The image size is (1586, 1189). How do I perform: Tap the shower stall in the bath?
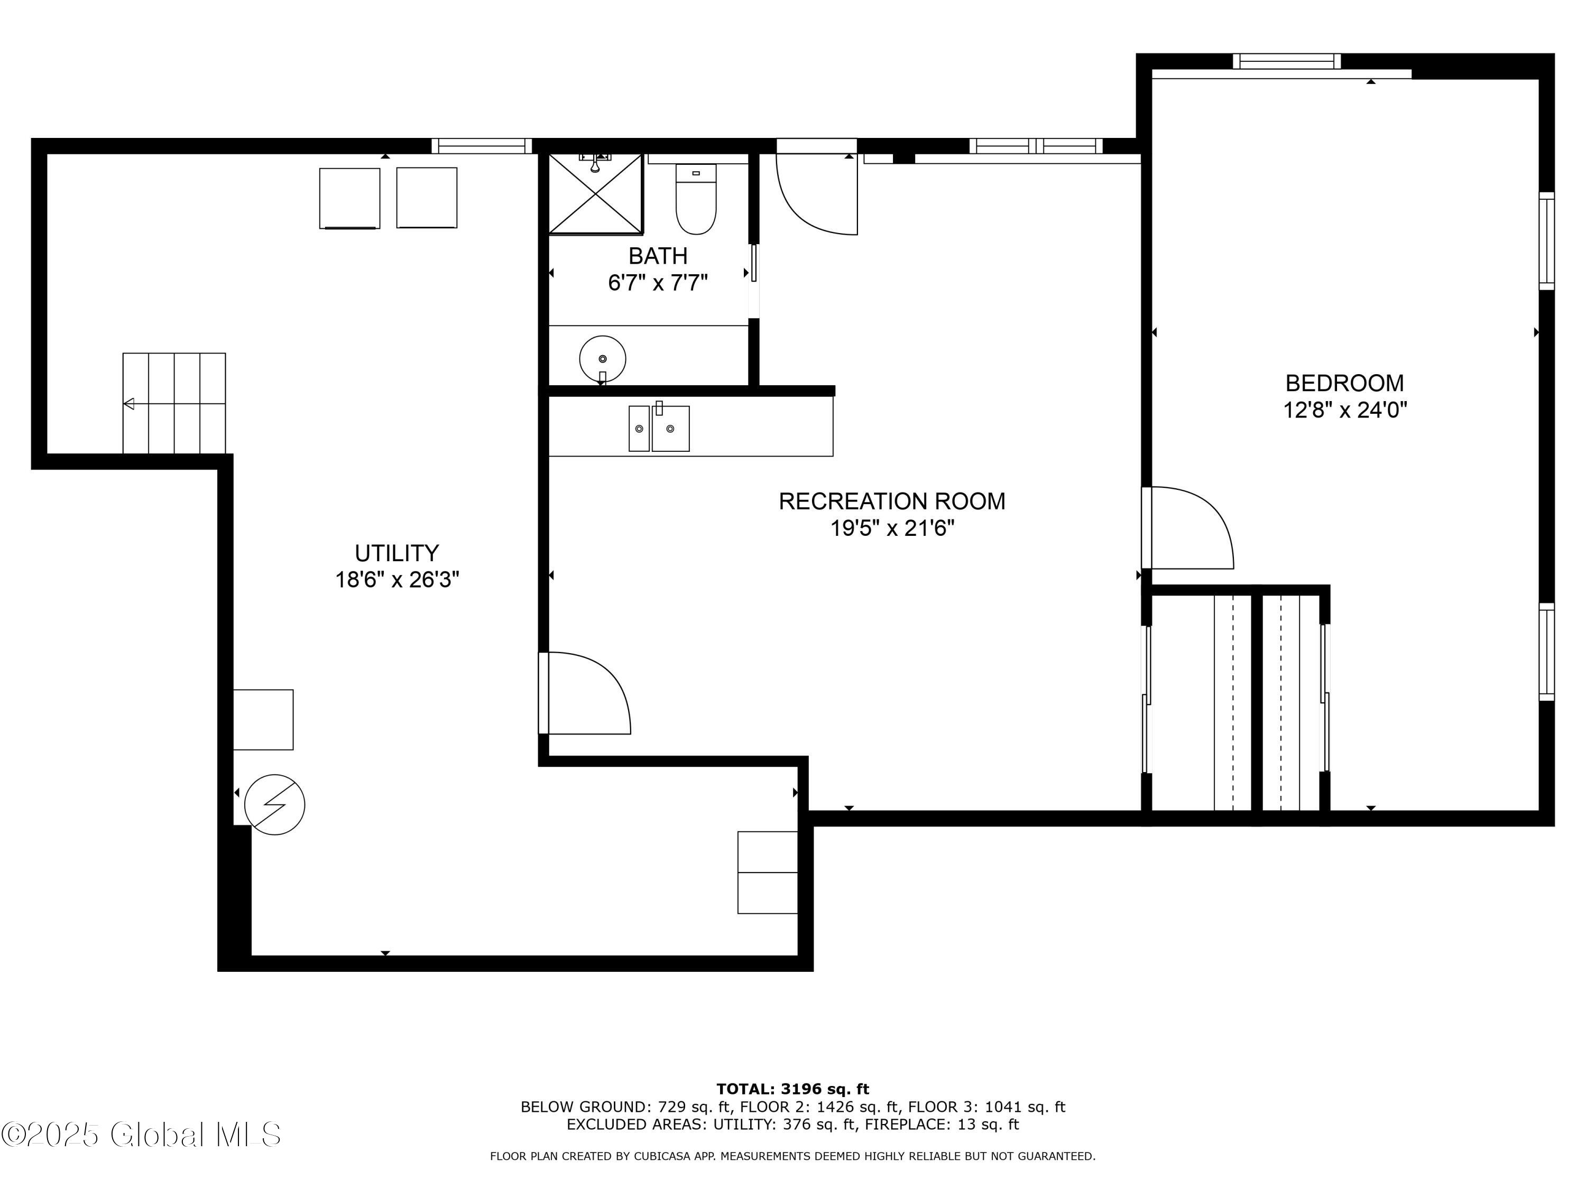click(x=595, y=193)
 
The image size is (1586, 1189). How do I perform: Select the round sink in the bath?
click(x=602, y=358)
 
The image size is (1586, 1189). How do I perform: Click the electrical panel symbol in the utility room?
click(x=274, y=804)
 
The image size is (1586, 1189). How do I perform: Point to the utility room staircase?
click(x=174, y=404)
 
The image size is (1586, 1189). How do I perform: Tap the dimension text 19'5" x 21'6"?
click(x=892, y=528)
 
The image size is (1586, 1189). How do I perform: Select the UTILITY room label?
click(x=396, y=553)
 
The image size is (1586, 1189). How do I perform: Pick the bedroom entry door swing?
click(x=1187, y=528)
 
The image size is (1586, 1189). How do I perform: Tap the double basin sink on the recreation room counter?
click(x=659, y=429)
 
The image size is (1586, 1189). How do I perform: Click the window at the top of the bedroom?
click(x=1286, y=62)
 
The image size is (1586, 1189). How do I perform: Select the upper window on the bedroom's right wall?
click(x=1546, y=241)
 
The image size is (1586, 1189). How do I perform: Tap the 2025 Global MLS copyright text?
click(x=141, y=1135)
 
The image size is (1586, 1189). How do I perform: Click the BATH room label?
click(x=658, y=256)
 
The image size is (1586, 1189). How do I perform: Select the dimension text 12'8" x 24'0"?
click(x=1344, y=411)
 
